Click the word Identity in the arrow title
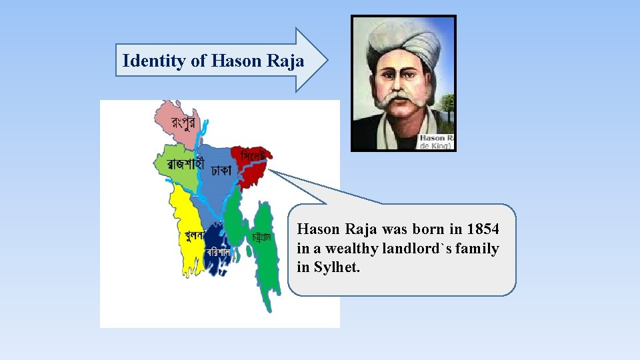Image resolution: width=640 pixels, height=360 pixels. (x=155, y=61)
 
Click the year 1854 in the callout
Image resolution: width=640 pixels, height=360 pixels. (x=483, y=229)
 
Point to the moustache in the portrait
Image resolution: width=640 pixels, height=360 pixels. (x=398, y=101)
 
